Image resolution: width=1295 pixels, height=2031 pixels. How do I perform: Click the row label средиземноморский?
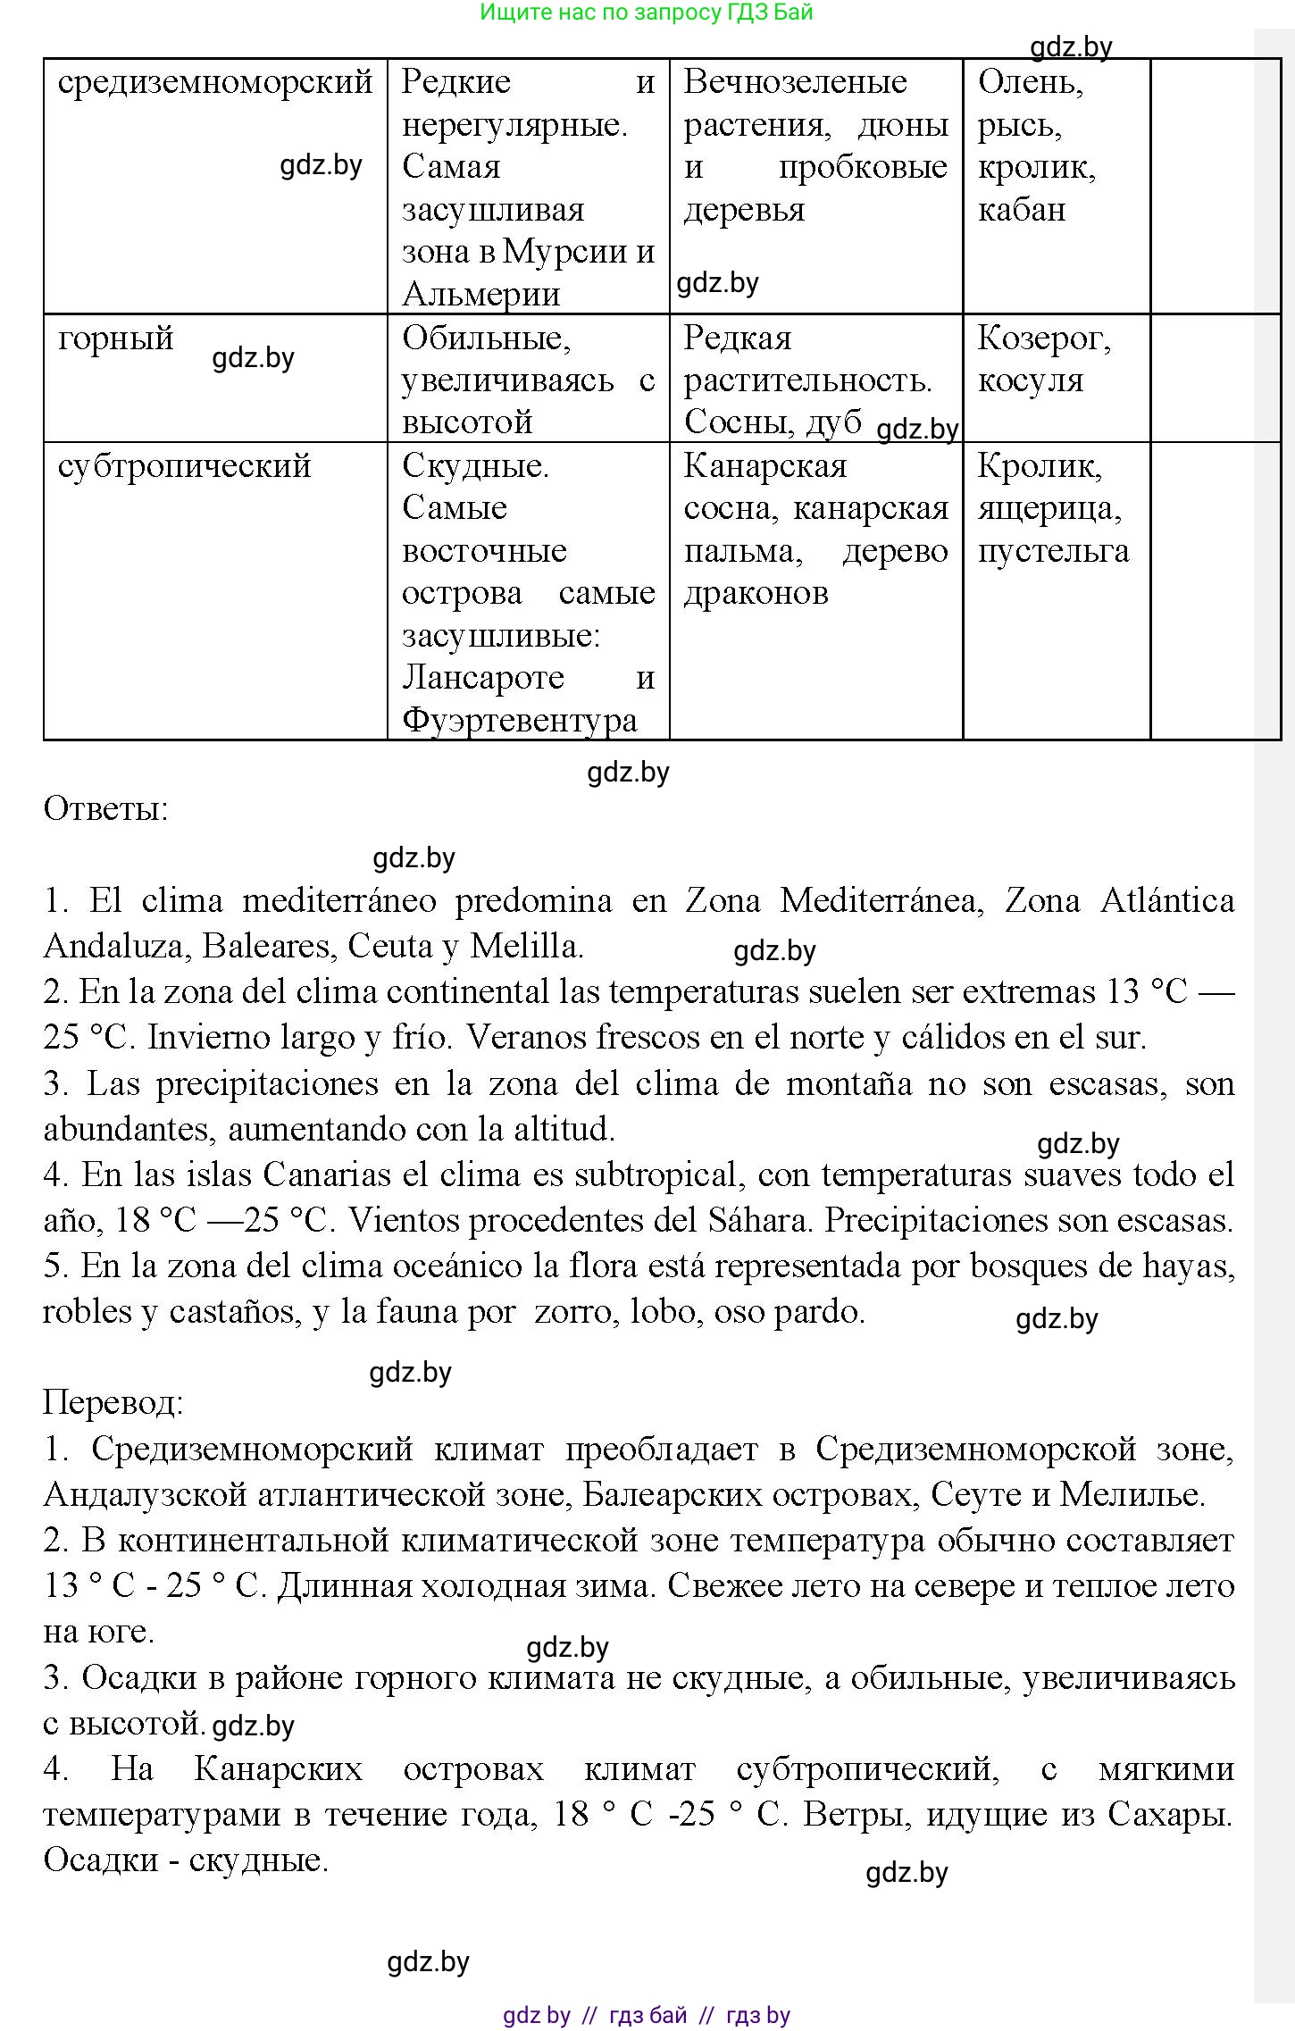point(214,83)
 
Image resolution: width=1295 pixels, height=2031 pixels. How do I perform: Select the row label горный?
point(115,339)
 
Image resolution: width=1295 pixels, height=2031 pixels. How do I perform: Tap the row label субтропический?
point(184,467)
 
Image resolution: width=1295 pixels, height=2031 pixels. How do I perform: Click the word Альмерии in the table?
point(480,294)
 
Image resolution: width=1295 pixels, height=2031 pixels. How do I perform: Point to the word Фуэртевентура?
point(519,720)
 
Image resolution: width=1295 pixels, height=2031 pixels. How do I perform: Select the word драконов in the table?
point(756,593)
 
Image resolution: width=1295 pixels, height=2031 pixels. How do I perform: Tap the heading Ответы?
point(105,809)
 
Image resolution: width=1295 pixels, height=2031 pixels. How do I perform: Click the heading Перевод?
point(113,1402)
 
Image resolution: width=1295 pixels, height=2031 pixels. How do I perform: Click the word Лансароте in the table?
point(482,678)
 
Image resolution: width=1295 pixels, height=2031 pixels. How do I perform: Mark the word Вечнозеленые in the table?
point(795,83)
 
